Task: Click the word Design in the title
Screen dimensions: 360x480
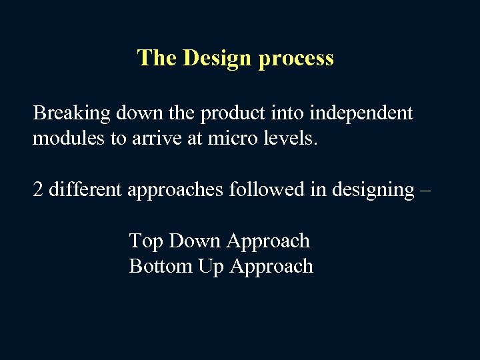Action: pos(217,59)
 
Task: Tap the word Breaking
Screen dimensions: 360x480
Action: pos(72,113)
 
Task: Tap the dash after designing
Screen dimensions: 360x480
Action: pos(425,191)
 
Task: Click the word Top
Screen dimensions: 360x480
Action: pos(147,241)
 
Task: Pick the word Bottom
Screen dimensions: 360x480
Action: pos(161,266)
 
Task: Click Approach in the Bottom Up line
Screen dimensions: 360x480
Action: pos(271,267)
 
